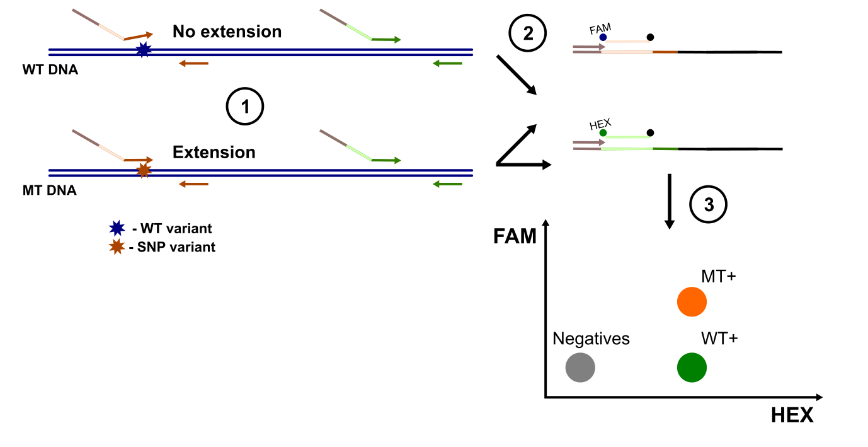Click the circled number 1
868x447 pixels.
coord(244,108)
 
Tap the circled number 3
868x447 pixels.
coord(708,204)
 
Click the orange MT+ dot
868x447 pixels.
coord(692,301)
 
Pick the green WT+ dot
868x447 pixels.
coord(692,367)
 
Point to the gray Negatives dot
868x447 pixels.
coord(580,368)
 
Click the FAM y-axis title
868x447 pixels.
coord(515,237)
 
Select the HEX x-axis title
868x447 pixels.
coord(792,415)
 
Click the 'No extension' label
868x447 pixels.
coord(227,32)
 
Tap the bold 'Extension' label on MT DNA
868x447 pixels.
coord(214,153)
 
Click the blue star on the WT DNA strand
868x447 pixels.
coord(144,50)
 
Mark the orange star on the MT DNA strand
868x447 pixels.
coord(144,170)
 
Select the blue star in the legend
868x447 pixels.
coord(116,229)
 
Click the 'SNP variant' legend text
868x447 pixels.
coord(177,247)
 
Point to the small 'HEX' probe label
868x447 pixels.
coord(600,124)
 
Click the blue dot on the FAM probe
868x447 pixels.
coord(603,38)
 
